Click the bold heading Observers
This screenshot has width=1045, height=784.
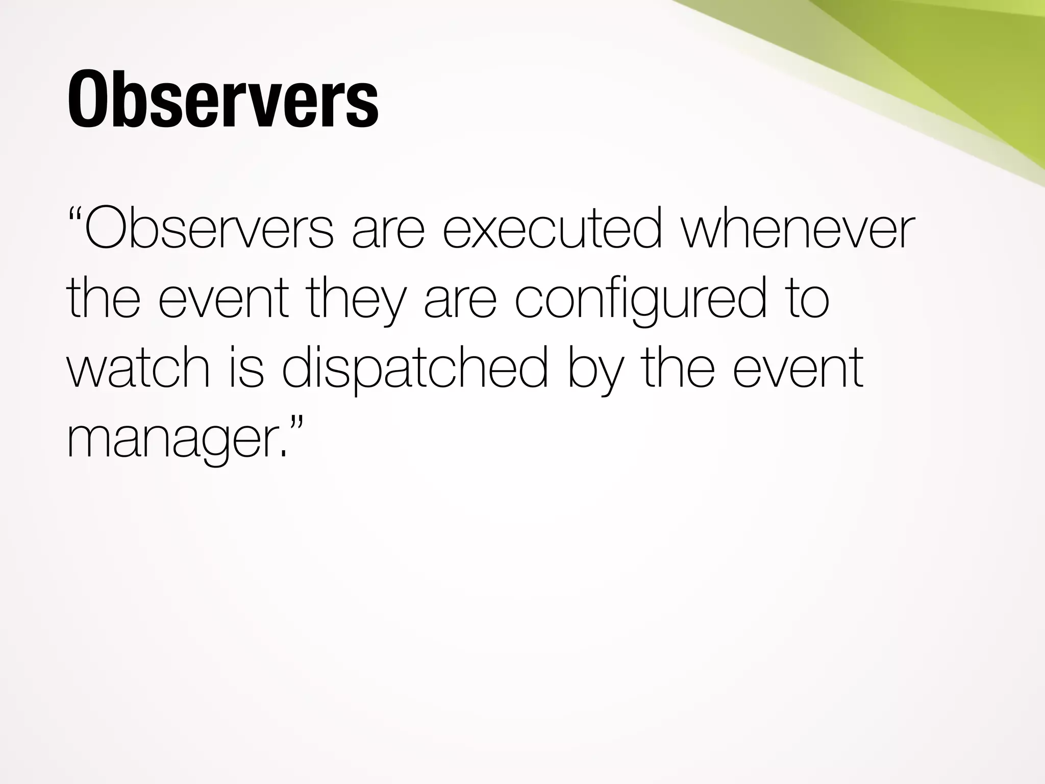[223, 100]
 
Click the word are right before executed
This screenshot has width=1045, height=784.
[388, 231]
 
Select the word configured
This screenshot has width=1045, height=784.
[640, 301]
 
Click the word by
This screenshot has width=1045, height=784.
[595, 370]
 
